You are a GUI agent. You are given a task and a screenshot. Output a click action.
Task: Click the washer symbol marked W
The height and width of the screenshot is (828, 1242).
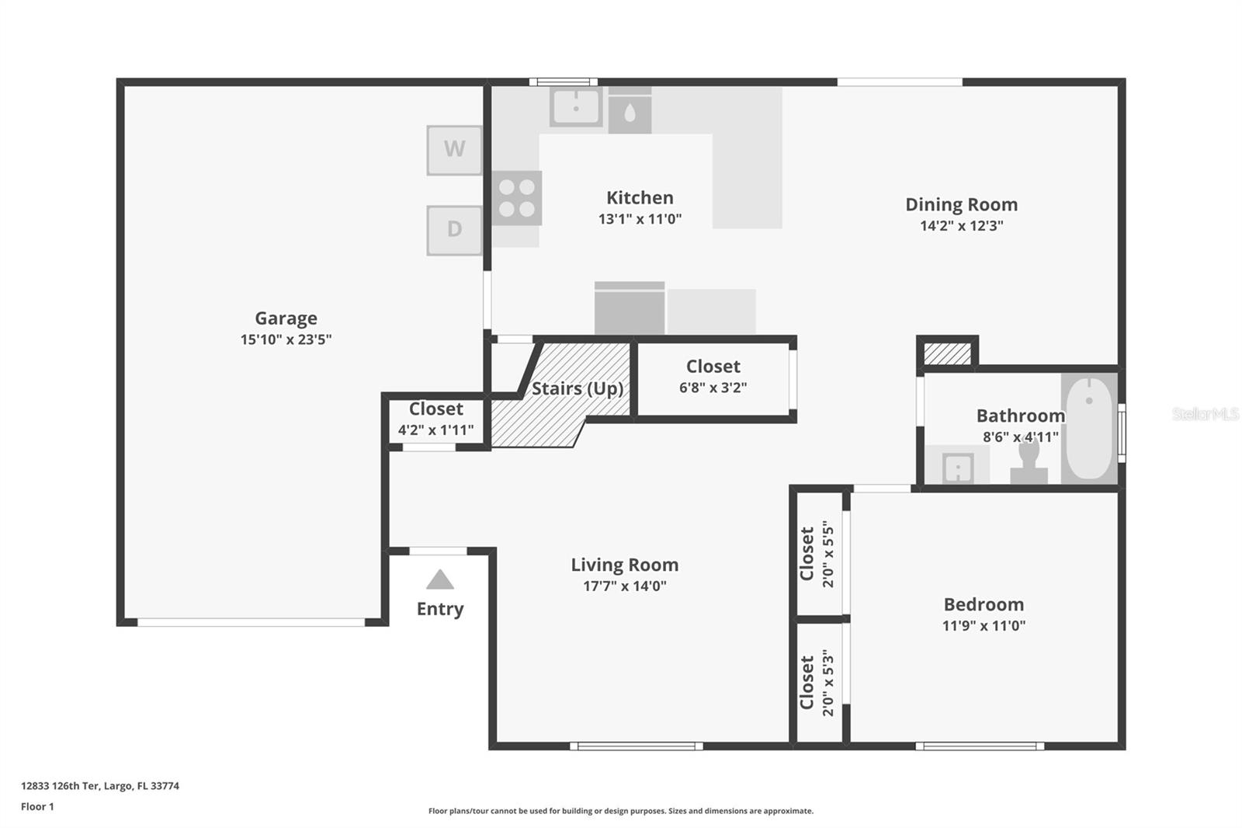pyautogui.click(x=454, y=149)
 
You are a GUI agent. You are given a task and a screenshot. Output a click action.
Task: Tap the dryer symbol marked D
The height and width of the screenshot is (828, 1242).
pyautogui.click(x=454, y=229)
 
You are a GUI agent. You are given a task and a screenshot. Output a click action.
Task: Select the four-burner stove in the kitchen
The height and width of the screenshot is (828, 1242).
pyautogui.click(x=516, y=198)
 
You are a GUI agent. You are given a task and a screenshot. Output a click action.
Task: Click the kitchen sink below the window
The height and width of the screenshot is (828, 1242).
pyautogui.click(x=576, y=106)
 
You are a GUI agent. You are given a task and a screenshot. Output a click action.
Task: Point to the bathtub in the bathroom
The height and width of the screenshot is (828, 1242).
pyautogui.click(x=1089, y=428)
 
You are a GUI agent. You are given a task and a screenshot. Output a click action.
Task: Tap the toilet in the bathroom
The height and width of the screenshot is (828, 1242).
pyautogui.click(x=1029, y=462)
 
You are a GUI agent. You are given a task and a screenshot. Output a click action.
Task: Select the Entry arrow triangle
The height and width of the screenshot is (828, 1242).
pyautogui.click(x=440, y=580)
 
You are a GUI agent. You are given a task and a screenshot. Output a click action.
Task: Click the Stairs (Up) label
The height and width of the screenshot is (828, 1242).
pyautogui.click(x=578, y=388)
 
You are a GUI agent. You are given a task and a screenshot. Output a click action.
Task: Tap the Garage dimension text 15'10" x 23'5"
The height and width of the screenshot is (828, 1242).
pyautogui.click(x=286, y=339)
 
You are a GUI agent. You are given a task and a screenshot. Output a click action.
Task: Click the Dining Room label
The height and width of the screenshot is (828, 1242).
pyautogui.click(x=961, y=204)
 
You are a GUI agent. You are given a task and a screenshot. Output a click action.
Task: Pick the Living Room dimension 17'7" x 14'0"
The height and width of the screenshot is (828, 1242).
pyautogui.click(x=624, y=586)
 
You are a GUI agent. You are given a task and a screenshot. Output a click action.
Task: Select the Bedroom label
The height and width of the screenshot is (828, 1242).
pyautogui.click(x=984, y=604)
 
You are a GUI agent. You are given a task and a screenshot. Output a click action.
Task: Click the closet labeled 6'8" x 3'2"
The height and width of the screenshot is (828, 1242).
pyautogui.click(x=713, y=377)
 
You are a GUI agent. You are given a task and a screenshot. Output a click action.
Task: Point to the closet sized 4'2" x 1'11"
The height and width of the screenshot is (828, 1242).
pyautogui.click(x=435, y=419)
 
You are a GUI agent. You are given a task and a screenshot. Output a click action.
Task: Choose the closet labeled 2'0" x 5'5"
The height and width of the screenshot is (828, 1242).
pyautogui.click(x=817, y=553)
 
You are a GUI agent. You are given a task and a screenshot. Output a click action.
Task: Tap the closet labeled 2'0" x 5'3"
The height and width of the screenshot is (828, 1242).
pyautogui.click(x=817, y=682)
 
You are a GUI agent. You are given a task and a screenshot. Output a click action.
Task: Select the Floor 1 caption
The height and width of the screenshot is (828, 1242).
pyautogui.click(x=37, y=807)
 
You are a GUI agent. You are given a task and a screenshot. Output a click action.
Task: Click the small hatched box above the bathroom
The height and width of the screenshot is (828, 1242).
pyautogui.click(x=947, y=354)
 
